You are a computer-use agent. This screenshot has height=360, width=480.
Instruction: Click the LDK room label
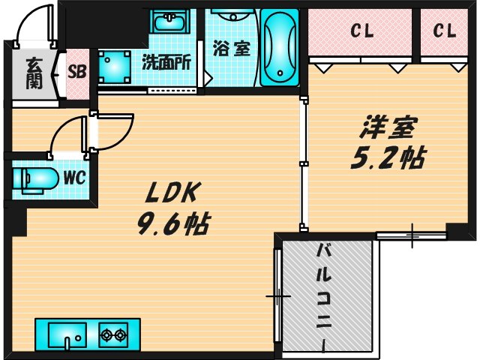point(171,193)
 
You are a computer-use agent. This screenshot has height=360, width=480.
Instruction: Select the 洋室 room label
point(388,128)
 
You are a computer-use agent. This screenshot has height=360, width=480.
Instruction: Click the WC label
point(73,178)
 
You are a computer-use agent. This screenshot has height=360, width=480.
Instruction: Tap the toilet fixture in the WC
point(36,179)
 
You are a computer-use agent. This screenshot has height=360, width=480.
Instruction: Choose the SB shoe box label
point(77,72)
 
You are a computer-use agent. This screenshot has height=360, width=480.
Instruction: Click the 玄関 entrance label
point(34,73)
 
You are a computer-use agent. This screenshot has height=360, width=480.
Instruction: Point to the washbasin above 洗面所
point(169,22)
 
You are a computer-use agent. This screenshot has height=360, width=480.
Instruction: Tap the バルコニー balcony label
point(325,292)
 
